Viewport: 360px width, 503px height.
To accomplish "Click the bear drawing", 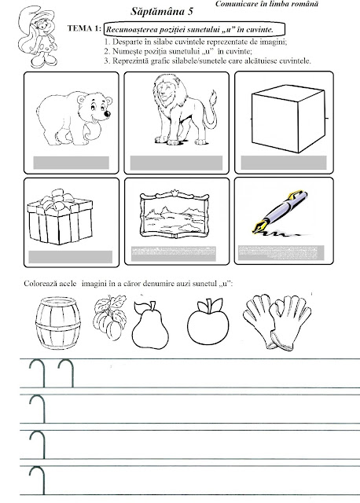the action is (x=75, y=119).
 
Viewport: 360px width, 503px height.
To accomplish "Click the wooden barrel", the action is (x=57, y=323).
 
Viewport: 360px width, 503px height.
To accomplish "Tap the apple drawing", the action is (x=208, y=321).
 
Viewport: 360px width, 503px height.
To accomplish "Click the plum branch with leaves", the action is (x=110, y=318).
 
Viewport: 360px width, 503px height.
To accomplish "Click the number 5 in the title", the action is (x=190, y=12).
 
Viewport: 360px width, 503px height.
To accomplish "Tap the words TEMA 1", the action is (x=84, y=28).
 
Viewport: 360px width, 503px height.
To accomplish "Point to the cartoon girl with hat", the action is (x=38, y=36).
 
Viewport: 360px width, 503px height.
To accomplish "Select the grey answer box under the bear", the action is (x=72, y=163).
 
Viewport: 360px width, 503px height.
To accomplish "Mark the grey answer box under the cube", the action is (x=284, y=163).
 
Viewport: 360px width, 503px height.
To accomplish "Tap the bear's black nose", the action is (x=108, y=113).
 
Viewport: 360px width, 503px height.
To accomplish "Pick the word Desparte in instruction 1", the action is (x=127, y=42).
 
